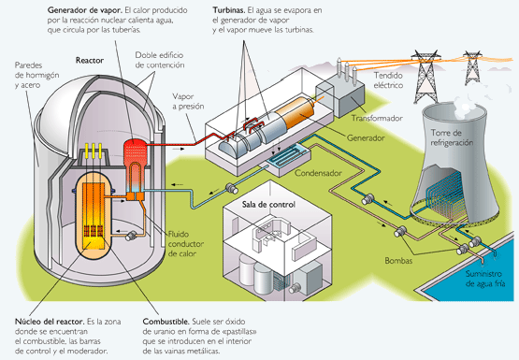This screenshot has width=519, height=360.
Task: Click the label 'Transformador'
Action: [377, 118]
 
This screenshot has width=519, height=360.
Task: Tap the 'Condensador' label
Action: [318, 173]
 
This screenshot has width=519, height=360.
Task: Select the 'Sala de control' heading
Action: [268, 204]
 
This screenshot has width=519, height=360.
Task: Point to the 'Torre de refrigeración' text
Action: [452, 137]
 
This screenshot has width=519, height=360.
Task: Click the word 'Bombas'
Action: [398, 260]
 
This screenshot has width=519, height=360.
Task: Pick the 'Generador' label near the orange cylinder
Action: [366, 137]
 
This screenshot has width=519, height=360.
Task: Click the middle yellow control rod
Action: [93, 152]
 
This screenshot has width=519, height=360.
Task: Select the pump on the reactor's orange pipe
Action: [131, 236]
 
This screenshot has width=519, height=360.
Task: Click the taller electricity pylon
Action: [425, 77]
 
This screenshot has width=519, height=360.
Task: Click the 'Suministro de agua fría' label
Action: [485, 279]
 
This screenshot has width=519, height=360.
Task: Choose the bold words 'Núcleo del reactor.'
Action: [50, 322]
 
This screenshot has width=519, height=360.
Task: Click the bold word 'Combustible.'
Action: [166, 322]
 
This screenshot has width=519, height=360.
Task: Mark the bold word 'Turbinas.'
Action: [229, 10]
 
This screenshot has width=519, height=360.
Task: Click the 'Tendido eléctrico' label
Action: [388, 80]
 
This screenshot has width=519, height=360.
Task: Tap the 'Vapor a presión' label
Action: [188, 101]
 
